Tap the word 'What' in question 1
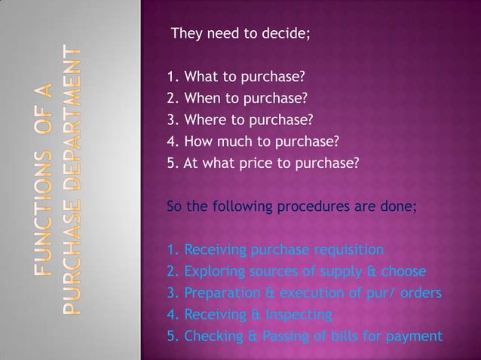click(x=200, y=77)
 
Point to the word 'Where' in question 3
click(x=204, y=119)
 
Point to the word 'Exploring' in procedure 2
click(x=213, y=271)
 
